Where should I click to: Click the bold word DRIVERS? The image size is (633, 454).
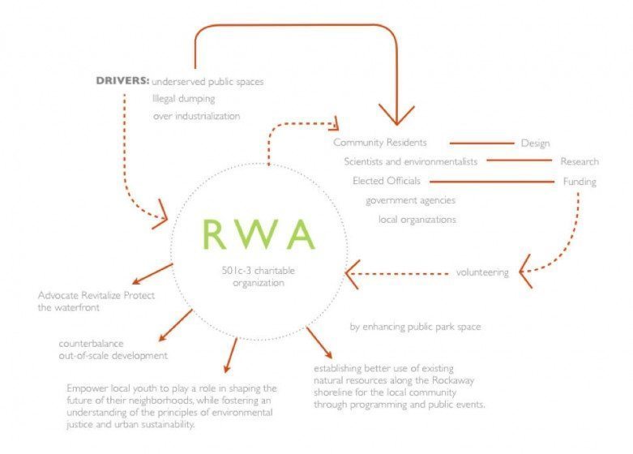click(122, 81)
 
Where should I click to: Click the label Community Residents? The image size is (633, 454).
click(379, 143)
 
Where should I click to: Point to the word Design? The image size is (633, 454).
click(535, 143)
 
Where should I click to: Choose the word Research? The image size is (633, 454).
click(579, 161)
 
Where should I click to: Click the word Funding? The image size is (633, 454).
click(579, 181)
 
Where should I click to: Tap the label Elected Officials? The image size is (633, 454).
click(386, 181)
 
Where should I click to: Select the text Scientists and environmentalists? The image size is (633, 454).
click(410, 161)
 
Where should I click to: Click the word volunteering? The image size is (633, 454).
click(481, 272)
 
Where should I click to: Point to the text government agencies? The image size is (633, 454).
click(410, 200)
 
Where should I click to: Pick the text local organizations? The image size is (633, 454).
click(417, 220)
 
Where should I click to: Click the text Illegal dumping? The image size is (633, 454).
click(184, 99)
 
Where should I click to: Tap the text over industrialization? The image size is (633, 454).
click(197, 116)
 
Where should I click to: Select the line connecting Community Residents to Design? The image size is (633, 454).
click(481, 143)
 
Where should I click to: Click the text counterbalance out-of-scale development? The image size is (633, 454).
click(113, 349)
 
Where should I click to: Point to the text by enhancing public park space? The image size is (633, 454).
click(415, 327)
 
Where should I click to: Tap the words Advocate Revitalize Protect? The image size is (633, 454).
click(96, 294)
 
